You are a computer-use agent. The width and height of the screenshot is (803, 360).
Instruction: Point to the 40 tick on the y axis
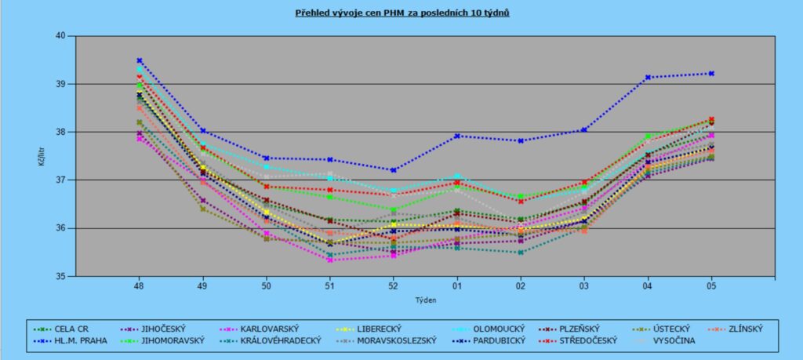point(60,36)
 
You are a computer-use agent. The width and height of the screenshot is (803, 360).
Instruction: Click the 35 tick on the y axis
point(60,276)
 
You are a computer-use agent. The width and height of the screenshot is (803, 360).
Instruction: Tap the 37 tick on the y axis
point(60,180)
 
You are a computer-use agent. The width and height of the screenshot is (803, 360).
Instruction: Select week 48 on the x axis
point(140,285)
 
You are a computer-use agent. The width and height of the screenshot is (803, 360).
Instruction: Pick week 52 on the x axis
point(394,285)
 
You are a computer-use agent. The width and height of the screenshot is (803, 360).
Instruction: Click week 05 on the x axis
point(711,285)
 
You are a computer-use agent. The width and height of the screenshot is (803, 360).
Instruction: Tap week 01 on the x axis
point(457,285)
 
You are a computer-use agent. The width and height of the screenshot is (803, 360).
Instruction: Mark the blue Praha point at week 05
point(711,74)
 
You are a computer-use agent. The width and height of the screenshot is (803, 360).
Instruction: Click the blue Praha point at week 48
point(140,60)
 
